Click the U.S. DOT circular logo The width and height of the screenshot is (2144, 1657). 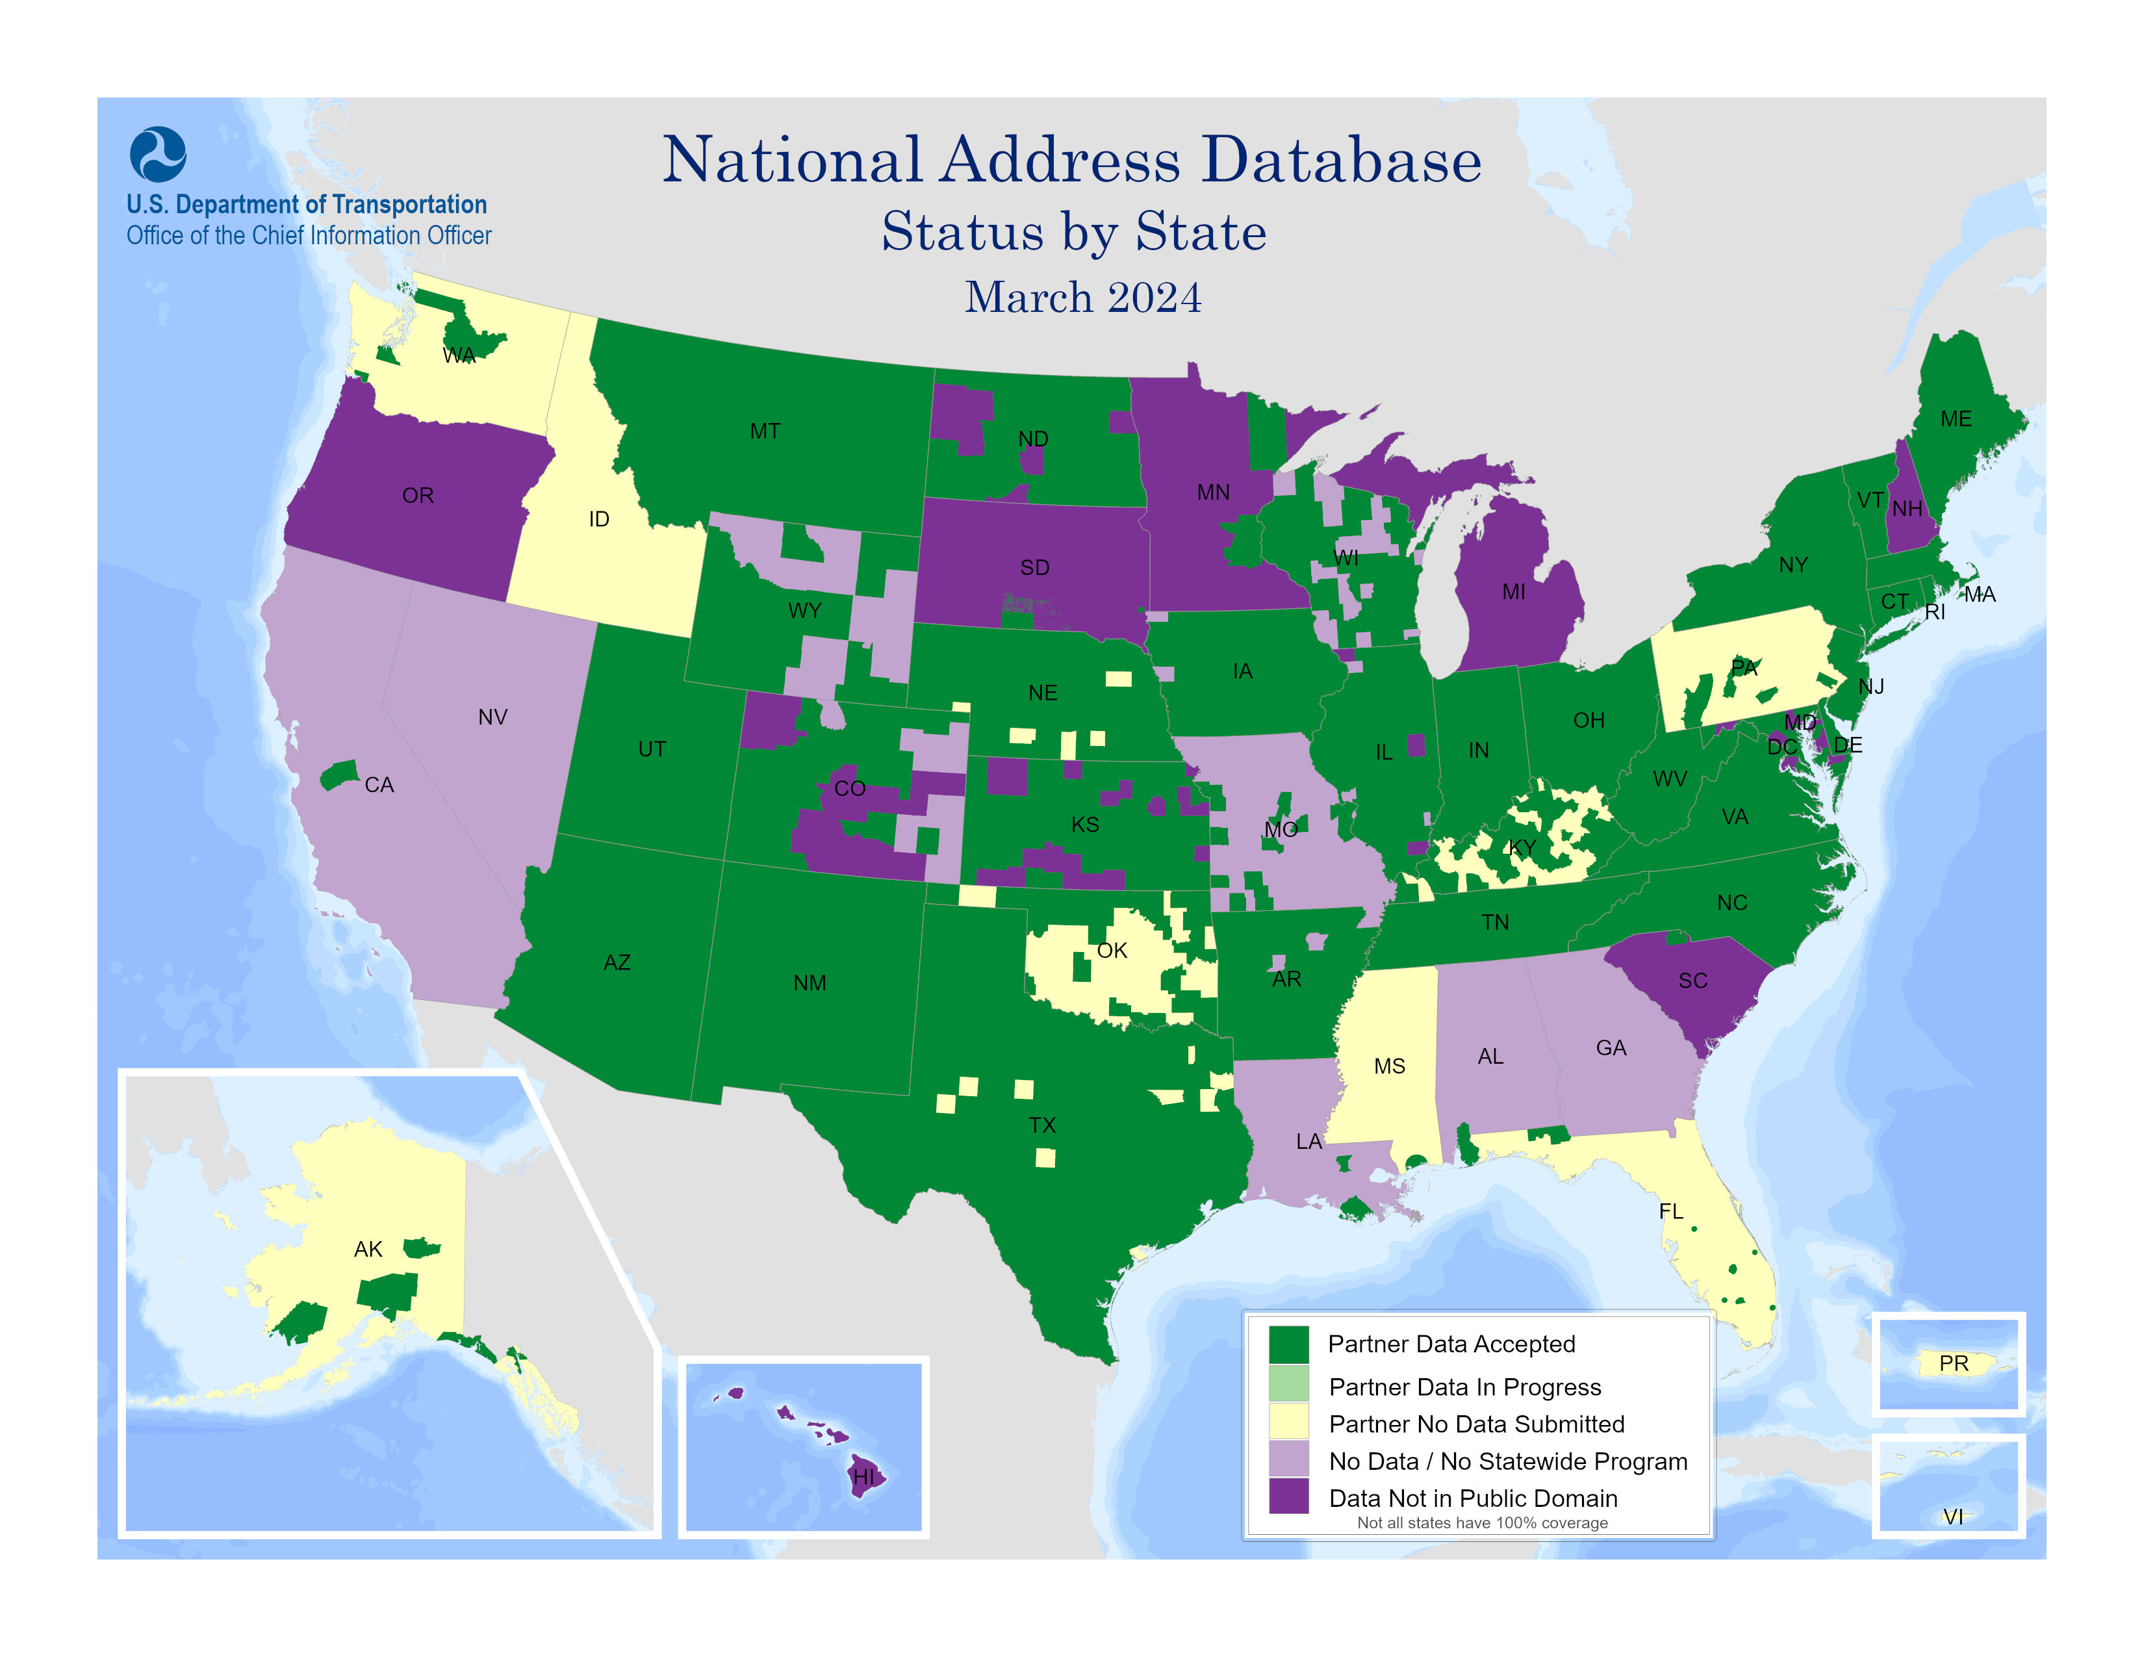tap(157, 154)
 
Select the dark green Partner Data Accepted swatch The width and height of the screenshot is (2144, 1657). tap(1288, 1344)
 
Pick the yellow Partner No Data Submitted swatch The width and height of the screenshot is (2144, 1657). tap(1288, 1422)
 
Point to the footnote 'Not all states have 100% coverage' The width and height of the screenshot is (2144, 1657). tap(1481, 1522)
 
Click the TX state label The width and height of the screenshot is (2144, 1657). tap(1041, 1125)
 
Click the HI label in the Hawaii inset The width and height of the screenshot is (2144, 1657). tap(863, 1476)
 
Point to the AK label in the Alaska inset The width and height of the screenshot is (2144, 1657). tap(368, 1249)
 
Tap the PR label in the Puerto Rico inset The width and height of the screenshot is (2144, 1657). tap(1952, 1363)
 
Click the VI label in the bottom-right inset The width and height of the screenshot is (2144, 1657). tap(1952, 1517)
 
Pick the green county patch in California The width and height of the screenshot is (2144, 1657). tap(338, 775)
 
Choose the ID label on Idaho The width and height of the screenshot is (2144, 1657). tap(599, 519)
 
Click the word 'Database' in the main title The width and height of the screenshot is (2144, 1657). tap(1341, 160)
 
